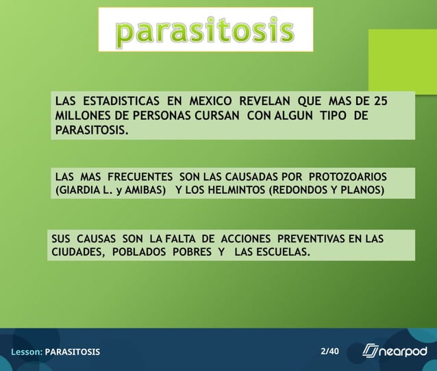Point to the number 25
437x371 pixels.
tap(380, 101)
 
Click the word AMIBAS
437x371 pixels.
tap(145, 190)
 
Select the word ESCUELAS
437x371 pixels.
tap(282, 252)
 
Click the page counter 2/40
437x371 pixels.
tap(329, 351)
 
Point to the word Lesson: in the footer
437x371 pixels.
tap(26, 352)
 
